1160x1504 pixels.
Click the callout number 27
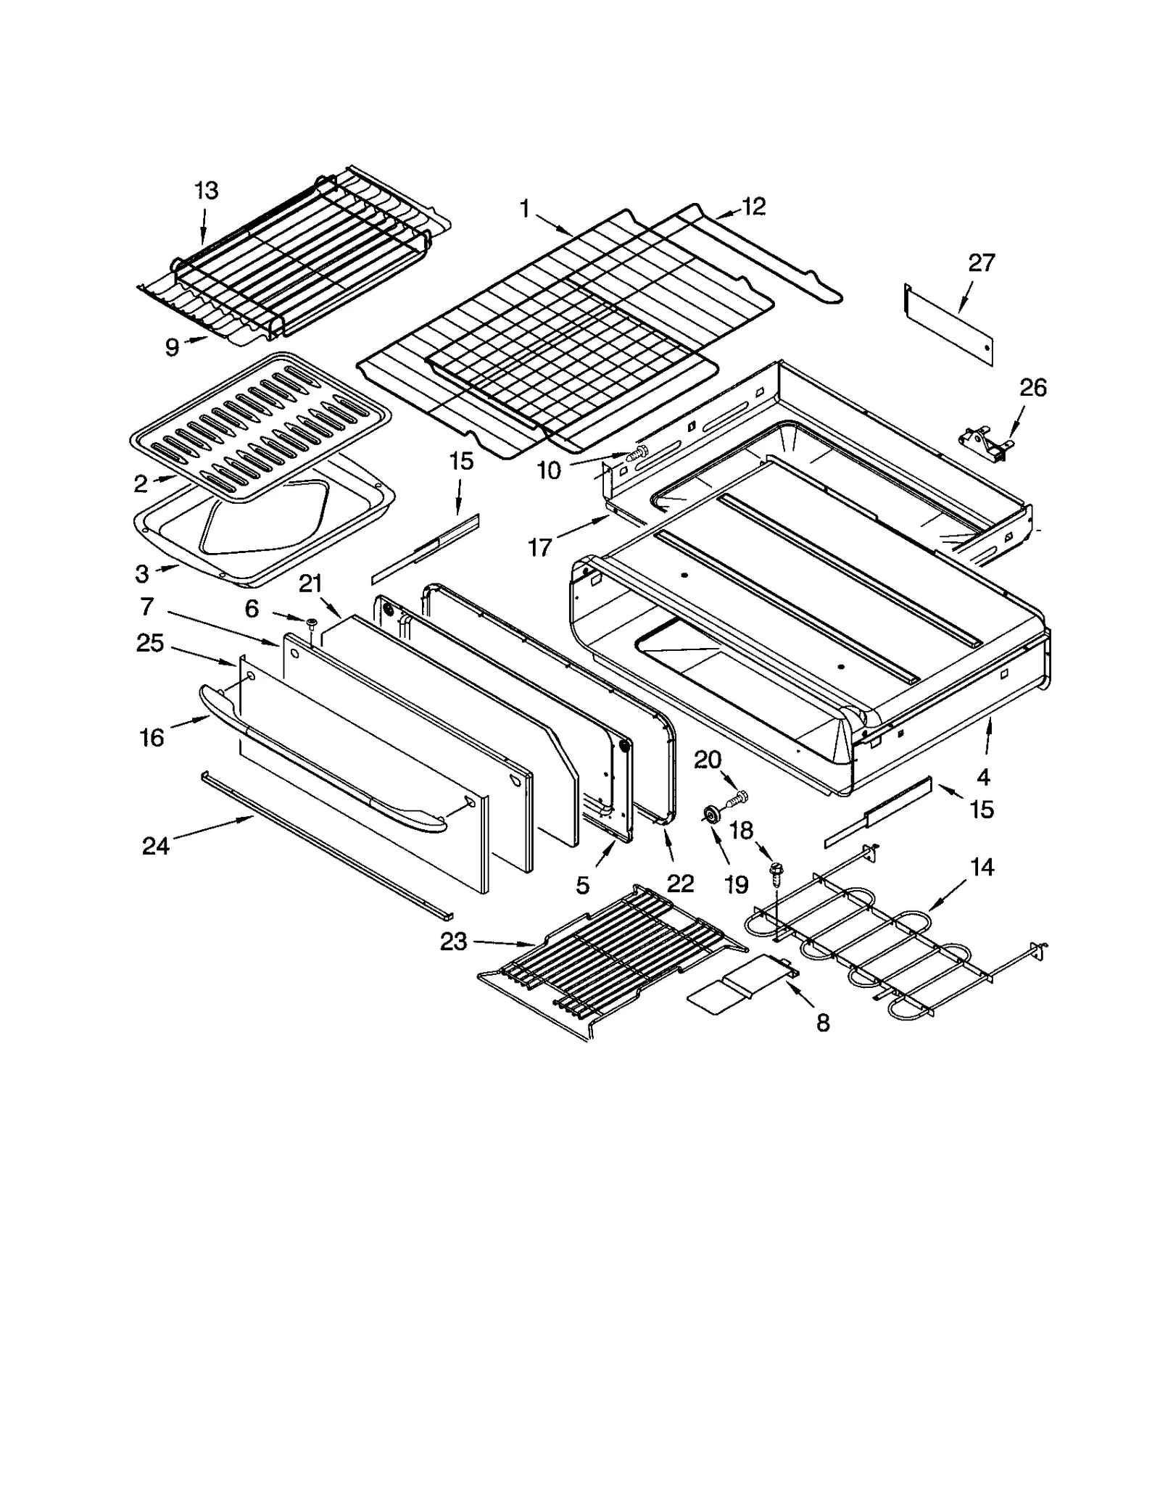[x=981, y=262]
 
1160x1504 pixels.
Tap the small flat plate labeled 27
[x=948, y=325]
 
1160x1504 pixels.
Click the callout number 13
[x=206, y=191]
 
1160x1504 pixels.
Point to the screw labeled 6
[x=312, y=623]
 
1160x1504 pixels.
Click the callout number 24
[x=155, y=845]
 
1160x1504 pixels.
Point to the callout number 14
[x=982, y=867]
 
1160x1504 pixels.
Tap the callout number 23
[x=454, y=942]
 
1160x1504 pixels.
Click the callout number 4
[x=982, y=777]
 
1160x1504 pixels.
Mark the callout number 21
[x=310, y=583]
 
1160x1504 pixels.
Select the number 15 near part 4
[x=982, y=809]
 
